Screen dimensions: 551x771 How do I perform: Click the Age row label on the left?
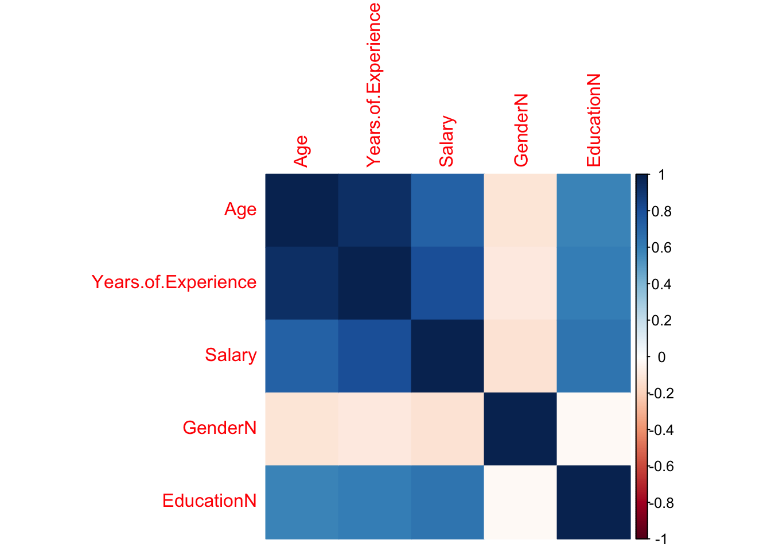coord(240,209)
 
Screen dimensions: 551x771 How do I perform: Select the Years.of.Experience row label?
coord(174,282)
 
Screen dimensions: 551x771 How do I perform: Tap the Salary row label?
coord(231,355)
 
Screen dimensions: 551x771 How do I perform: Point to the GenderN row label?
coord(219,428)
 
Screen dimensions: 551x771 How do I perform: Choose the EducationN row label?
coord(209,501)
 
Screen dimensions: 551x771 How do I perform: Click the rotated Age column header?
coord(301,151)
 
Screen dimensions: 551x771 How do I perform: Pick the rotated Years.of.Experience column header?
coord(373,85)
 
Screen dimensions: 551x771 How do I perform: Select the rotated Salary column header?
coord(446,141)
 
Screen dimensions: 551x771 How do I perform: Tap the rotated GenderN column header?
coord(520,131)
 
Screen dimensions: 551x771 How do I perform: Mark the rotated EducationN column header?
coord(593,120)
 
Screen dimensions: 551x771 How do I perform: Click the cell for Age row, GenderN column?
coord(520,209)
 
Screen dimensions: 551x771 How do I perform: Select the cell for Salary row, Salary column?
coord(447,355)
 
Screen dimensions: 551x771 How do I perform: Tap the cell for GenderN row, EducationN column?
coord(593,428)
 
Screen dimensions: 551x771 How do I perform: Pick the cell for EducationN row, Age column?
coord(301,501)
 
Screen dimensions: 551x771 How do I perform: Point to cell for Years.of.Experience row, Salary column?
coord(447,282)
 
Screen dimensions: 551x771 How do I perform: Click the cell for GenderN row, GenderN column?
coord(520,428)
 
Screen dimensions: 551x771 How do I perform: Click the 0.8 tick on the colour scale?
coord(661,211)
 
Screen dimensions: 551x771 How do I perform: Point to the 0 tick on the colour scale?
coord(661,357)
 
